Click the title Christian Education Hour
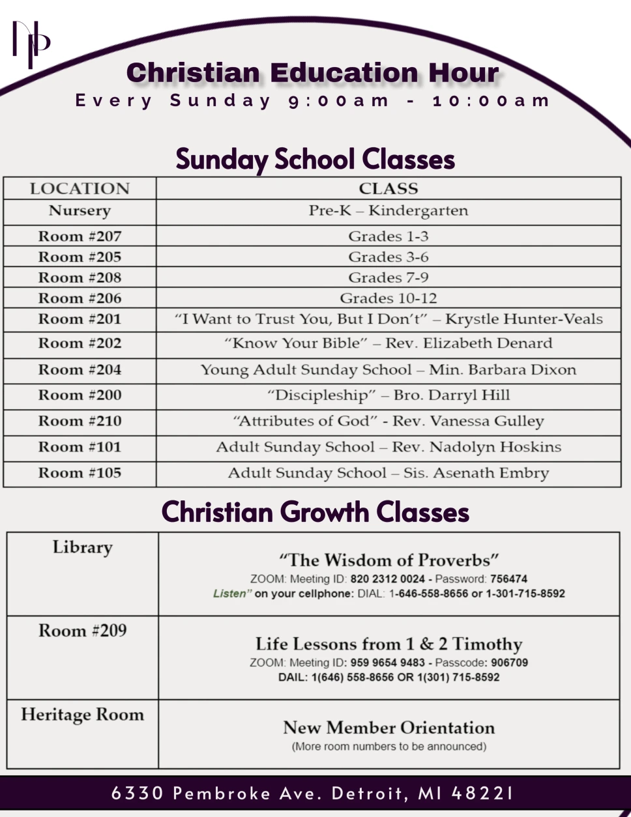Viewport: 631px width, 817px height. point(313,73)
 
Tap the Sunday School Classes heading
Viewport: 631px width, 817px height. point(315,160)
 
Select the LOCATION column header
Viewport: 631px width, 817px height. point(80,189)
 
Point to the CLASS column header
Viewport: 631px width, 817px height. point(389,189)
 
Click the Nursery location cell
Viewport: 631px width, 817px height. point(80,211)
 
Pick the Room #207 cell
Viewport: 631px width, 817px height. point(80,236)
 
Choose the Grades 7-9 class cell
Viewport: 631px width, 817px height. point(389,278)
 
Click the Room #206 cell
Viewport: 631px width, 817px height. point(80,298)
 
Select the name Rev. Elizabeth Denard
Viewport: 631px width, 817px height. point(469,343)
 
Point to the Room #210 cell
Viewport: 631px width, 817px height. point(80,421)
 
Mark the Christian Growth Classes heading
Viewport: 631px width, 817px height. point(315,512)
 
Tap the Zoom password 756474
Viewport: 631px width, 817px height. point(508,579)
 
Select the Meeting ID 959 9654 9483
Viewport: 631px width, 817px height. point(387,663)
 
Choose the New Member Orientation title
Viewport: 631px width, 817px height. point(389,728)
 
